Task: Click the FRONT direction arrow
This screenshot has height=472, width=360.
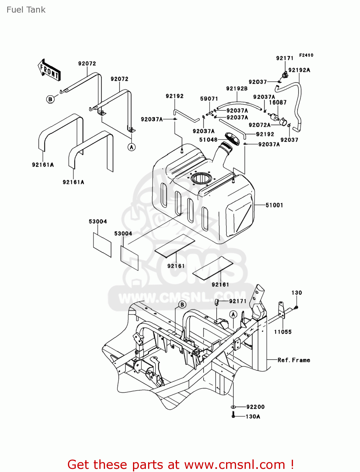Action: point(49,70)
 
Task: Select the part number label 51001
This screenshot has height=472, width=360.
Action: point(274,205)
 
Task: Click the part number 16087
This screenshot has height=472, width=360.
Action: point(278,103)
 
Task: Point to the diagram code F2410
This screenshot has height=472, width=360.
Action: point(306,55)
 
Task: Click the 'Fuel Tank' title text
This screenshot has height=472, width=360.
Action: point(26,10)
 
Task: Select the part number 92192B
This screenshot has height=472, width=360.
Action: point(237,89)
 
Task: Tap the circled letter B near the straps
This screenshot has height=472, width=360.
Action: point(50,99)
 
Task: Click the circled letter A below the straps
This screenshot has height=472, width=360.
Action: point(131,147)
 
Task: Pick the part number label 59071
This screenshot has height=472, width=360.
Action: point(209,99)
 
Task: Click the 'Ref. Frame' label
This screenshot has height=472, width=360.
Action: point(294,360)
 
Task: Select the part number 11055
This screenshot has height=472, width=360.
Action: point(283,332)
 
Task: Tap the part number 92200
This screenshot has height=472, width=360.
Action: point(255,407)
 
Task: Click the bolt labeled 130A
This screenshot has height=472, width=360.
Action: point(233,416)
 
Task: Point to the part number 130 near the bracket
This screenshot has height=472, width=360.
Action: point(296,293)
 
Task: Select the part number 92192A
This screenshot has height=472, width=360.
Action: point(299,70)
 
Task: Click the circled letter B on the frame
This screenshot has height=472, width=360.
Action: point(182,304)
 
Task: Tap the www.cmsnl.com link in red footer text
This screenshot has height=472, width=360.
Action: point(234,465)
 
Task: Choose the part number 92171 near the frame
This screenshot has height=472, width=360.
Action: point(238,301)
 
